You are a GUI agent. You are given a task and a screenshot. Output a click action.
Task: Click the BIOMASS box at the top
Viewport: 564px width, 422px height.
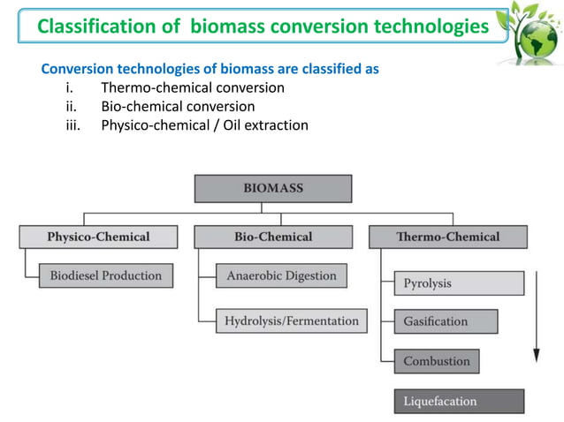[272, 189]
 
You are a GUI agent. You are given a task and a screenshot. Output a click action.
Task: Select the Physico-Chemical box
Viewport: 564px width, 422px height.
[98, 237]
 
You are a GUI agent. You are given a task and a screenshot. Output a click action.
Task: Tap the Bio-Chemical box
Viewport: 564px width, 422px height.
[272, 237]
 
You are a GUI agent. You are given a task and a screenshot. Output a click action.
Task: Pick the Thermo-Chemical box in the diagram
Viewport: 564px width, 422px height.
[447, 237]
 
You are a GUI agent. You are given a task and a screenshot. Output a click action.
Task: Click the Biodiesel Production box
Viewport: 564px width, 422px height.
[105, 275]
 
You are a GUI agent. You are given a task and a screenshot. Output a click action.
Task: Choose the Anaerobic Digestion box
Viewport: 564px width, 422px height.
[281, 275]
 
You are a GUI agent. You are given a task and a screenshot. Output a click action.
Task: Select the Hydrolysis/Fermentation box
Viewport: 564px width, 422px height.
[292, 320]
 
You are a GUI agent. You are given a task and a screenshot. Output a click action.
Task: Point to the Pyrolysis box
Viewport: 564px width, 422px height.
[459, 283]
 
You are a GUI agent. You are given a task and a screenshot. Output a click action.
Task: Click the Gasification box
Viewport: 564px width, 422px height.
[446, 321]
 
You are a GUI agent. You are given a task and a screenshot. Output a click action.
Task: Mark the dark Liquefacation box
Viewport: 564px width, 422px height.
[459, 401]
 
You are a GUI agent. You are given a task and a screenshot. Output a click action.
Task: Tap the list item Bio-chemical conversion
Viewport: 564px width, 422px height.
[178, 106]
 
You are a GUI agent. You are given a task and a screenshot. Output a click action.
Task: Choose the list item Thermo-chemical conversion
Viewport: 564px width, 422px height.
[193, 87]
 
